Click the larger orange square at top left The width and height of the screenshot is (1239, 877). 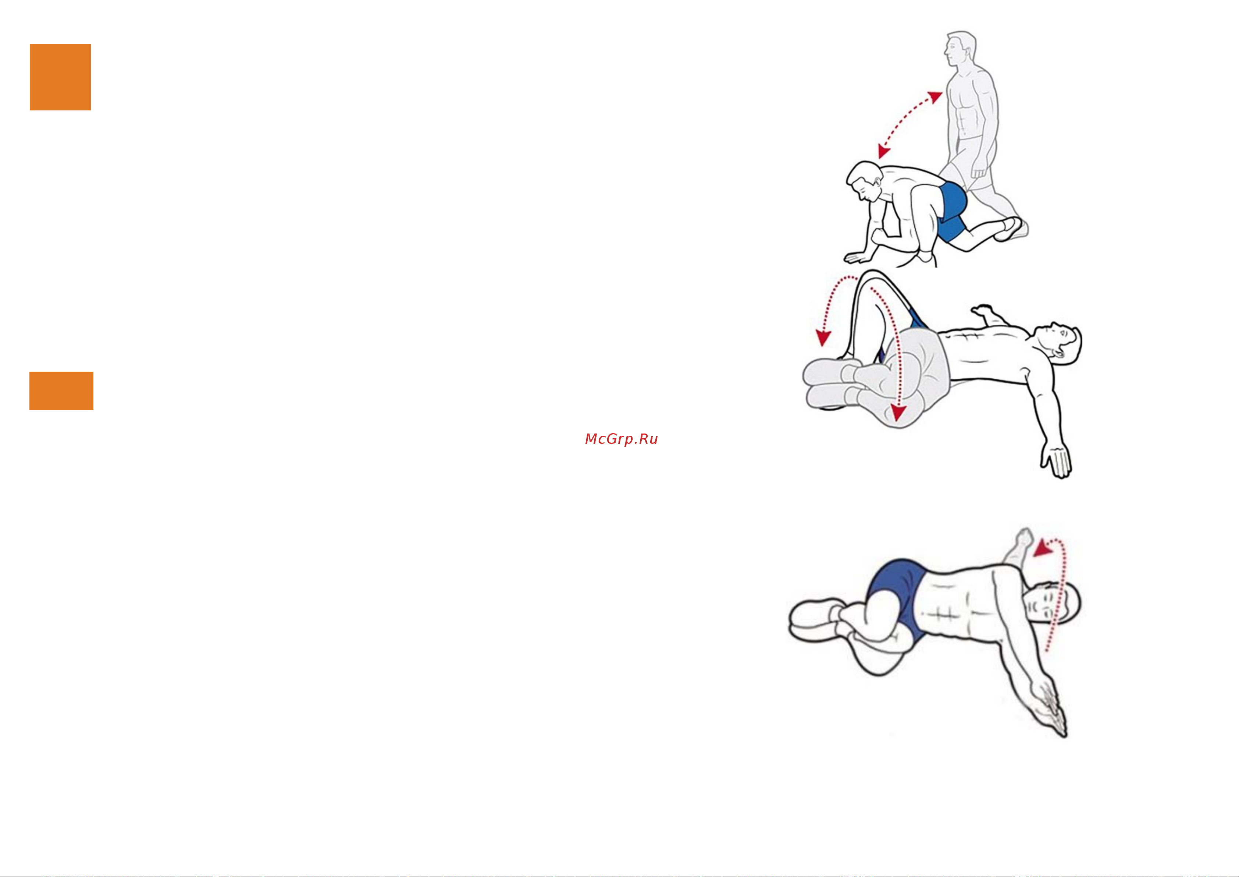tap(60, 77)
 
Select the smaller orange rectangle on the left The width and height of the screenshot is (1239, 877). tap(61, 390)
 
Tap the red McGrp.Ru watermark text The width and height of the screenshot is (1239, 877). tap(621, 439)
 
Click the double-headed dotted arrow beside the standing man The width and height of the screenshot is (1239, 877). tap(910, 125)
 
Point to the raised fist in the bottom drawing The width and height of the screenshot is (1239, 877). tap(1022, 537)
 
